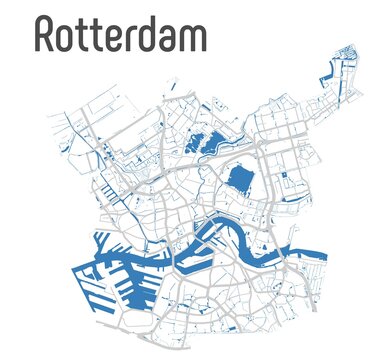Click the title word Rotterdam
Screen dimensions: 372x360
coord(121,34)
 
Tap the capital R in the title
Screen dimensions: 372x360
coord(46,34)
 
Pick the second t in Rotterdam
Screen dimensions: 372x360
coord(100,36)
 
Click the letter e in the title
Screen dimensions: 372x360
coord(117,38)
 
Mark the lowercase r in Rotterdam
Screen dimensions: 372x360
coord(133,38)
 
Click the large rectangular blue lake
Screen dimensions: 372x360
coord(240,180)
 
